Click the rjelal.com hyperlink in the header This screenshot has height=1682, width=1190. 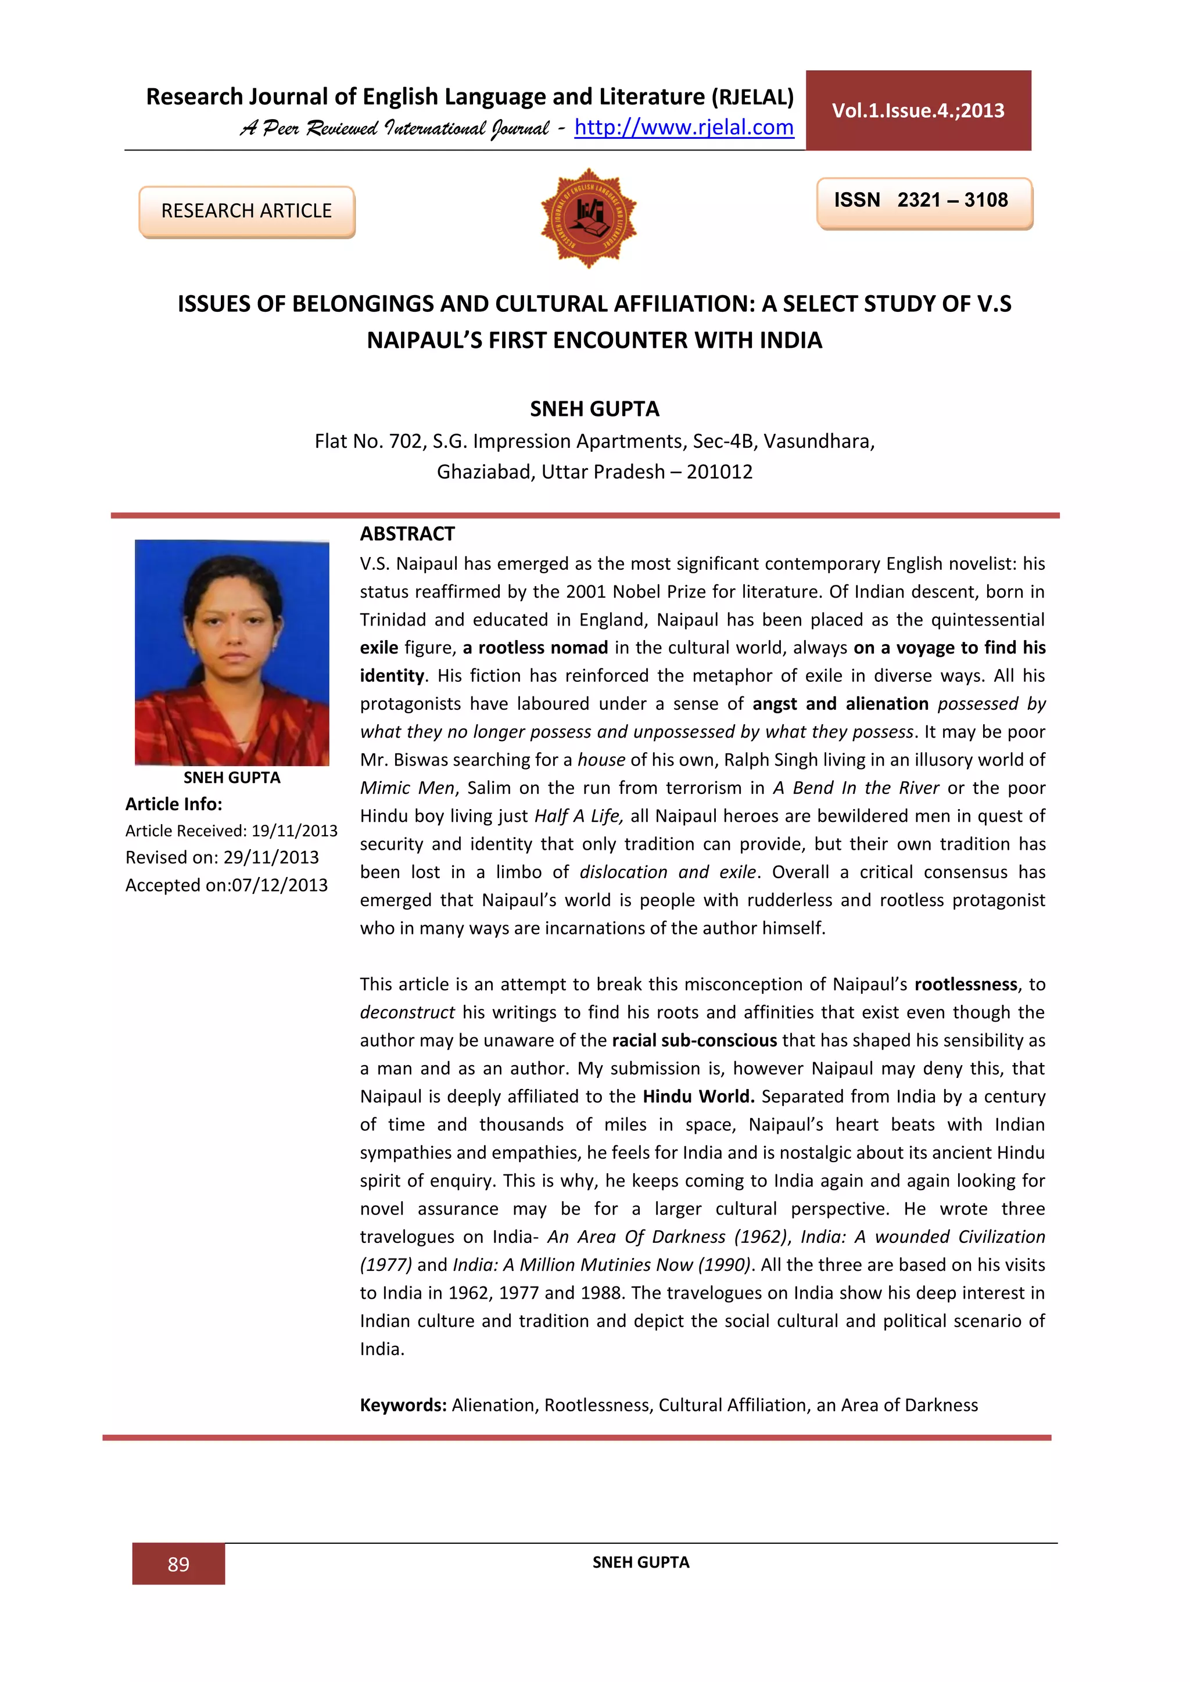[684, 127]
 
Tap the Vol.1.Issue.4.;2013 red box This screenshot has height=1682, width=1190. [917, 110]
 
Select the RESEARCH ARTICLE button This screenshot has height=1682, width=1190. [246, 211]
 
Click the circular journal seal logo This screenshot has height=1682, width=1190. [589, 218]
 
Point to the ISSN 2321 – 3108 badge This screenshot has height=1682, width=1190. [923, 201]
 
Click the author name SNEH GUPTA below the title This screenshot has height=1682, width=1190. [594, 409]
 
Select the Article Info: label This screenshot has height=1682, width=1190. [174, 804]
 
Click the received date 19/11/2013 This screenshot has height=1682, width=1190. [294, 831]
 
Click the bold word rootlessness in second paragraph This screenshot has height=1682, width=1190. [965, 984]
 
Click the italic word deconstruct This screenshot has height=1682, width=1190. [407, 1012]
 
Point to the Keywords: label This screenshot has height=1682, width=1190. [402, 1405]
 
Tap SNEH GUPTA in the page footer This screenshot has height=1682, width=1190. [640, 1562]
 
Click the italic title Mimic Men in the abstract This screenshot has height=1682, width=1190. [407, 788]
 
